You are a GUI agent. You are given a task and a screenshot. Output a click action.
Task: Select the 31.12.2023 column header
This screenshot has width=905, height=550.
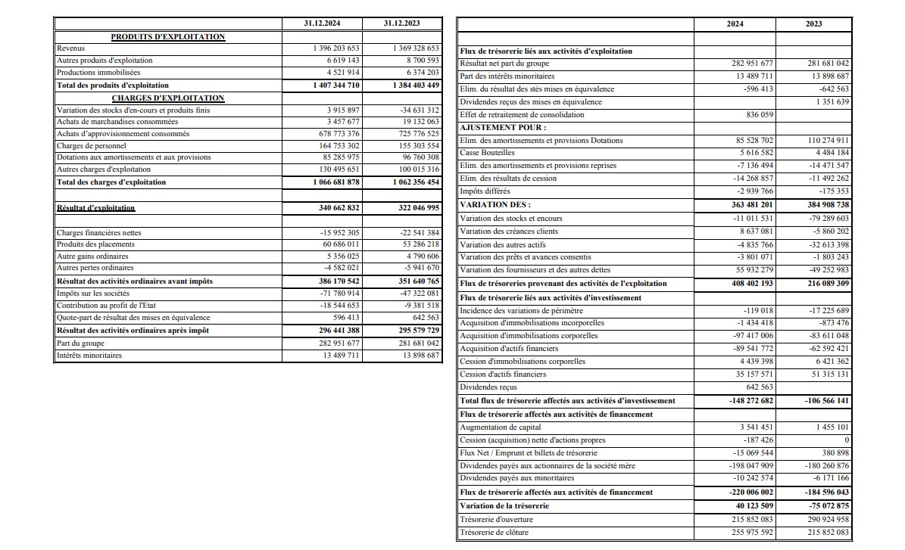[x=401, y=23]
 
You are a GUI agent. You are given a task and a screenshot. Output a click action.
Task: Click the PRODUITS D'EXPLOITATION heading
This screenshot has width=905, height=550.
[x=168, y=36]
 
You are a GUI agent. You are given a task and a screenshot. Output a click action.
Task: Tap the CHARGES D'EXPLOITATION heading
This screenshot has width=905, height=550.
[x=168, y=98]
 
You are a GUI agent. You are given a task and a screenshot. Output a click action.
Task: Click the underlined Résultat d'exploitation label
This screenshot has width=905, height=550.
[x=96, y=207]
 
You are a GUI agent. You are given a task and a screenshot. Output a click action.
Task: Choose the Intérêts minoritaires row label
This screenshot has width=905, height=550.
[x=89, y=355]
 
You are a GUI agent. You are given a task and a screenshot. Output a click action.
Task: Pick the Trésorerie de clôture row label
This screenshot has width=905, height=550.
[x=495, y=532]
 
